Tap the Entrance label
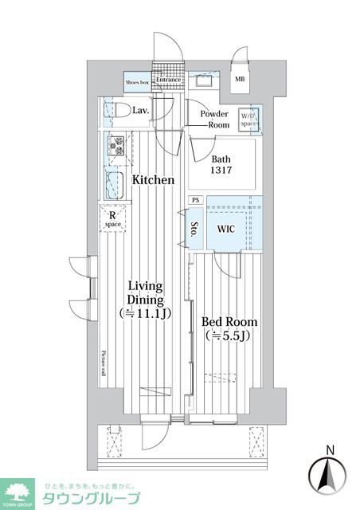(x=169, y=80)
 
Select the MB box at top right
(x=240, y=79)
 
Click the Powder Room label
(x=214, y=120)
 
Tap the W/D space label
(x=249, y=120)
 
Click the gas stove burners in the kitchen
(x=115, y=146)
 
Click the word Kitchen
(x=153, y=180)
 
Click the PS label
(x=196, y=200)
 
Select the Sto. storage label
(x=194, y=230)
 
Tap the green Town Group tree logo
(x=19, y=491)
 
